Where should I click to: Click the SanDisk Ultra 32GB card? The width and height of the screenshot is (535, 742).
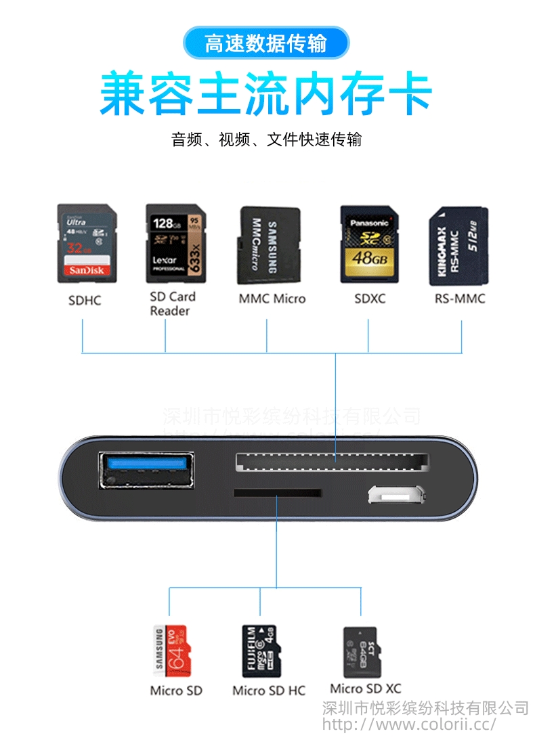click(x=86, y=244)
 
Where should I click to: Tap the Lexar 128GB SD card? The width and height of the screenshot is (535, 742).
click(x=174, y=244)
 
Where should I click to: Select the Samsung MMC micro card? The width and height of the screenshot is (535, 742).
click(x=267, y=246)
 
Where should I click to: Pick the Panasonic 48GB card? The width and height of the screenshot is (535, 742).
click(x=368, y=244)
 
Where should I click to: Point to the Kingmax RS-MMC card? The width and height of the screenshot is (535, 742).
click(x=458, y=246)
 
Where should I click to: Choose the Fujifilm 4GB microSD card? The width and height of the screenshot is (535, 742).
click(x=261, y=651)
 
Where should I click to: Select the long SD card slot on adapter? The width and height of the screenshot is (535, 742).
click(x=332, y=462)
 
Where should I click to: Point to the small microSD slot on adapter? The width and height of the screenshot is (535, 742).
click(x=277, y=493)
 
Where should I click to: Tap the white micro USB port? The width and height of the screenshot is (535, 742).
click(x=398, y=494)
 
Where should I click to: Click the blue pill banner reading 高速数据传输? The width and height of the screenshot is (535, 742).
click(x=266, y=44)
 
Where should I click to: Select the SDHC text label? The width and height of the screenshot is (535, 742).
click(x=85, y=300)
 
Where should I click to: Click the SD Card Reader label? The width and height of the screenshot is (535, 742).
click(x=172, y=303)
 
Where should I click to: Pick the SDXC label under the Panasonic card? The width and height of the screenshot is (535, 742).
click(x=370, y=299)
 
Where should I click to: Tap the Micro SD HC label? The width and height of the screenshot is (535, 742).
click(x=269, y=691)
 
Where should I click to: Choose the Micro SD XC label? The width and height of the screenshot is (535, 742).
click(x=366, y=689)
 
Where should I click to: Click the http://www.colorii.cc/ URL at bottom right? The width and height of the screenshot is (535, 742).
click(x=409, y=724)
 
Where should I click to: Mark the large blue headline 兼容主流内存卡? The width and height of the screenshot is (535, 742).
click(x=266, y=95)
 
